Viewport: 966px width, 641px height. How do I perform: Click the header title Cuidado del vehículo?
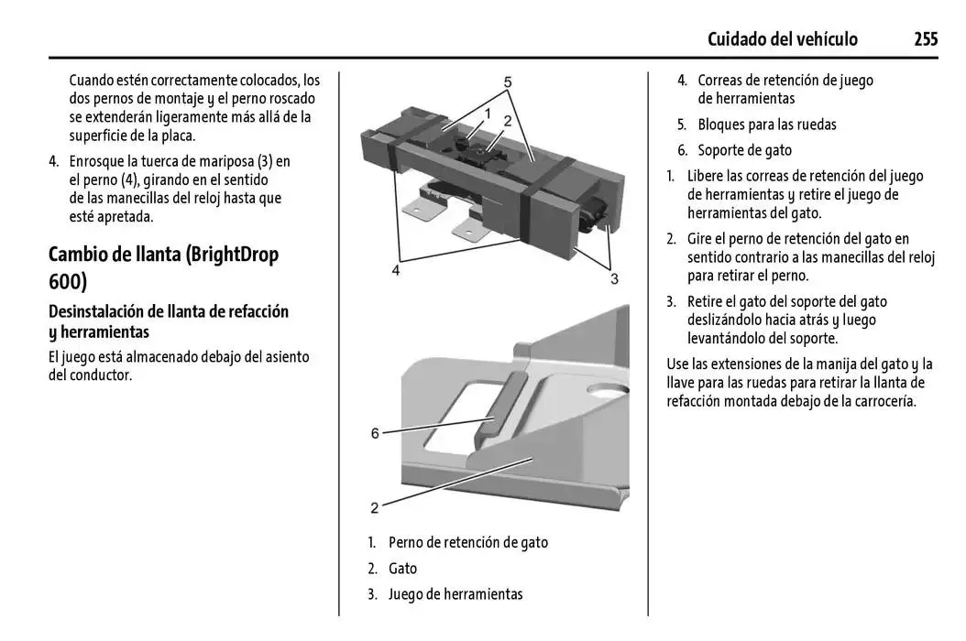(782, 38)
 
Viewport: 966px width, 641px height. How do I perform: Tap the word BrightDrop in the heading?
(232, 254)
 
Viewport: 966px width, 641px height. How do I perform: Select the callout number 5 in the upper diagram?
(507, 81)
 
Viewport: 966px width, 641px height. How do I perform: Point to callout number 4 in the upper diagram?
(396, 270)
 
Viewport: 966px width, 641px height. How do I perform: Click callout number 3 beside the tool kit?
(614, 277)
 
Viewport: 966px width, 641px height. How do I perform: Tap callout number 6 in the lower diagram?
(375, 432)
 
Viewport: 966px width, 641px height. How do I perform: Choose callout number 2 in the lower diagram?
(375, 506)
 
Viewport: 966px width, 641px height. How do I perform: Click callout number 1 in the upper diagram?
(488, 114)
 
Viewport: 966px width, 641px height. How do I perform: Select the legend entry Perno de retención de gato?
(467, 542)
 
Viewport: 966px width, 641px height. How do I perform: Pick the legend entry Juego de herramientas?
(456, 594)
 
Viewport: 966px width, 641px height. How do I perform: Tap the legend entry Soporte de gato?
(744, 150)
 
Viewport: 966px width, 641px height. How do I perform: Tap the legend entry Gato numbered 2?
(402, 569)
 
